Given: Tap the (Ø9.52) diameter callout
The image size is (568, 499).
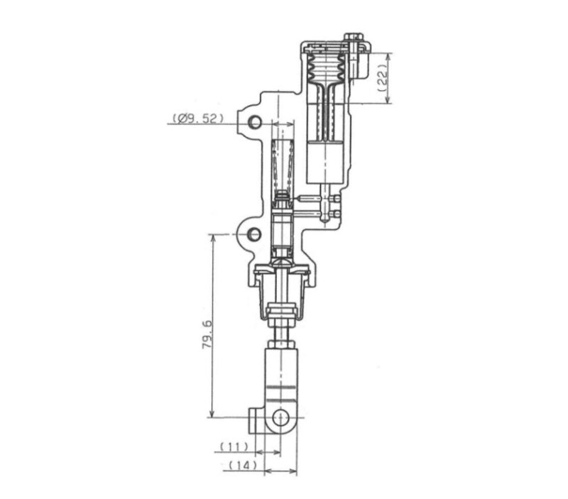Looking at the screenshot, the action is (x=198, y=119).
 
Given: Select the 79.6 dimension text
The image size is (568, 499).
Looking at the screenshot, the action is (x=207, y=334).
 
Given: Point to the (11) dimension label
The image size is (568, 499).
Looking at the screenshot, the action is (x=234, y=447).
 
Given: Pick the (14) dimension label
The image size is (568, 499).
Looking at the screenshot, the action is (x=243, y=466).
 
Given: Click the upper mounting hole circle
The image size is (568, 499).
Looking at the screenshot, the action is (x=255, y=122).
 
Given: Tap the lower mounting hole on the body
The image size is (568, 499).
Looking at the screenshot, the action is (x=254, y=234).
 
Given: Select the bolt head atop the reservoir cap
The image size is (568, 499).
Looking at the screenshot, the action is (x=354, y=37).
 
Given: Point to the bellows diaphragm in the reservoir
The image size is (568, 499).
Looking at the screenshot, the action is (x=327, y=67).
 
